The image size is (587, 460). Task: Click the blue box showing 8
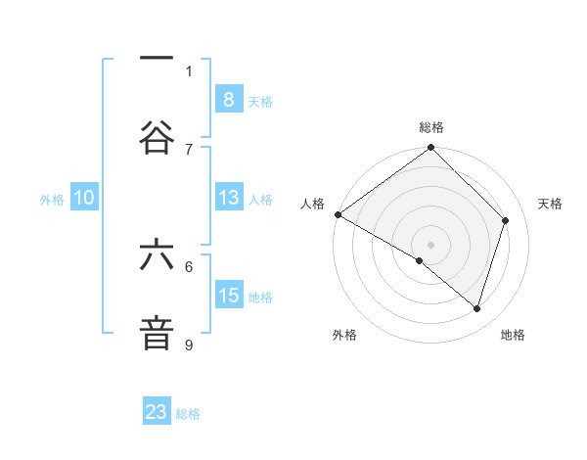click(x=228, y=99)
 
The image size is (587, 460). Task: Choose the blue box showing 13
click(x=228, y=198)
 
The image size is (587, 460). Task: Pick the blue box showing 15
click(x=228, y=296)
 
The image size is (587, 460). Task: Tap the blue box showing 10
click(x=84, y=198)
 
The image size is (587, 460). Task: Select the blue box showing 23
click(x=157, y=412)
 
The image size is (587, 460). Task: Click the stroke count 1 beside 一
click(x=189, y=70)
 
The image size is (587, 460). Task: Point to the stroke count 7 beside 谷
click(x=189, y=149)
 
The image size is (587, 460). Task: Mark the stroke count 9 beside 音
click(x=189, y=345)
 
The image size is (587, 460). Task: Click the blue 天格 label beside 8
click(x=260, y=101)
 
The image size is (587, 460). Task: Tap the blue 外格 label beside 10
click(x=52, y=199)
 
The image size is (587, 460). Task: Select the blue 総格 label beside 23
click(x=188, y=414)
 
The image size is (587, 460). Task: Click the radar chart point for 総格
click(x=430, y=149)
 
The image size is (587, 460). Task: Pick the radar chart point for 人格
click(x=338, y=214)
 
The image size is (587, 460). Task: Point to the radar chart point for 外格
click(x=420, y=260)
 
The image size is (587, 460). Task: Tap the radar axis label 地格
click(x=513, y=335)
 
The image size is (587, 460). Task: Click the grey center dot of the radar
click(x=430, y=244)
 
